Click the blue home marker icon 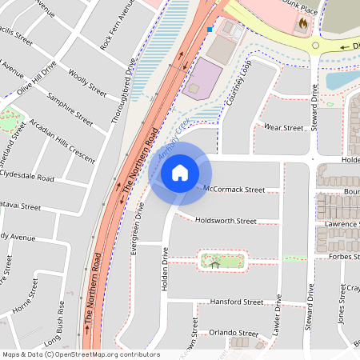click(x=180, y=172)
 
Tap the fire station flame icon click(x=302, y=24)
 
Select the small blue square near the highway click(x=210, y=30)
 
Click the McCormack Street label click(x=234, y=190)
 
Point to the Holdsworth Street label click(x=225, y=221)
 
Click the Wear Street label click(x=284, y=127)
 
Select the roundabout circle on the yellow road click(x=316, y=46)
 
